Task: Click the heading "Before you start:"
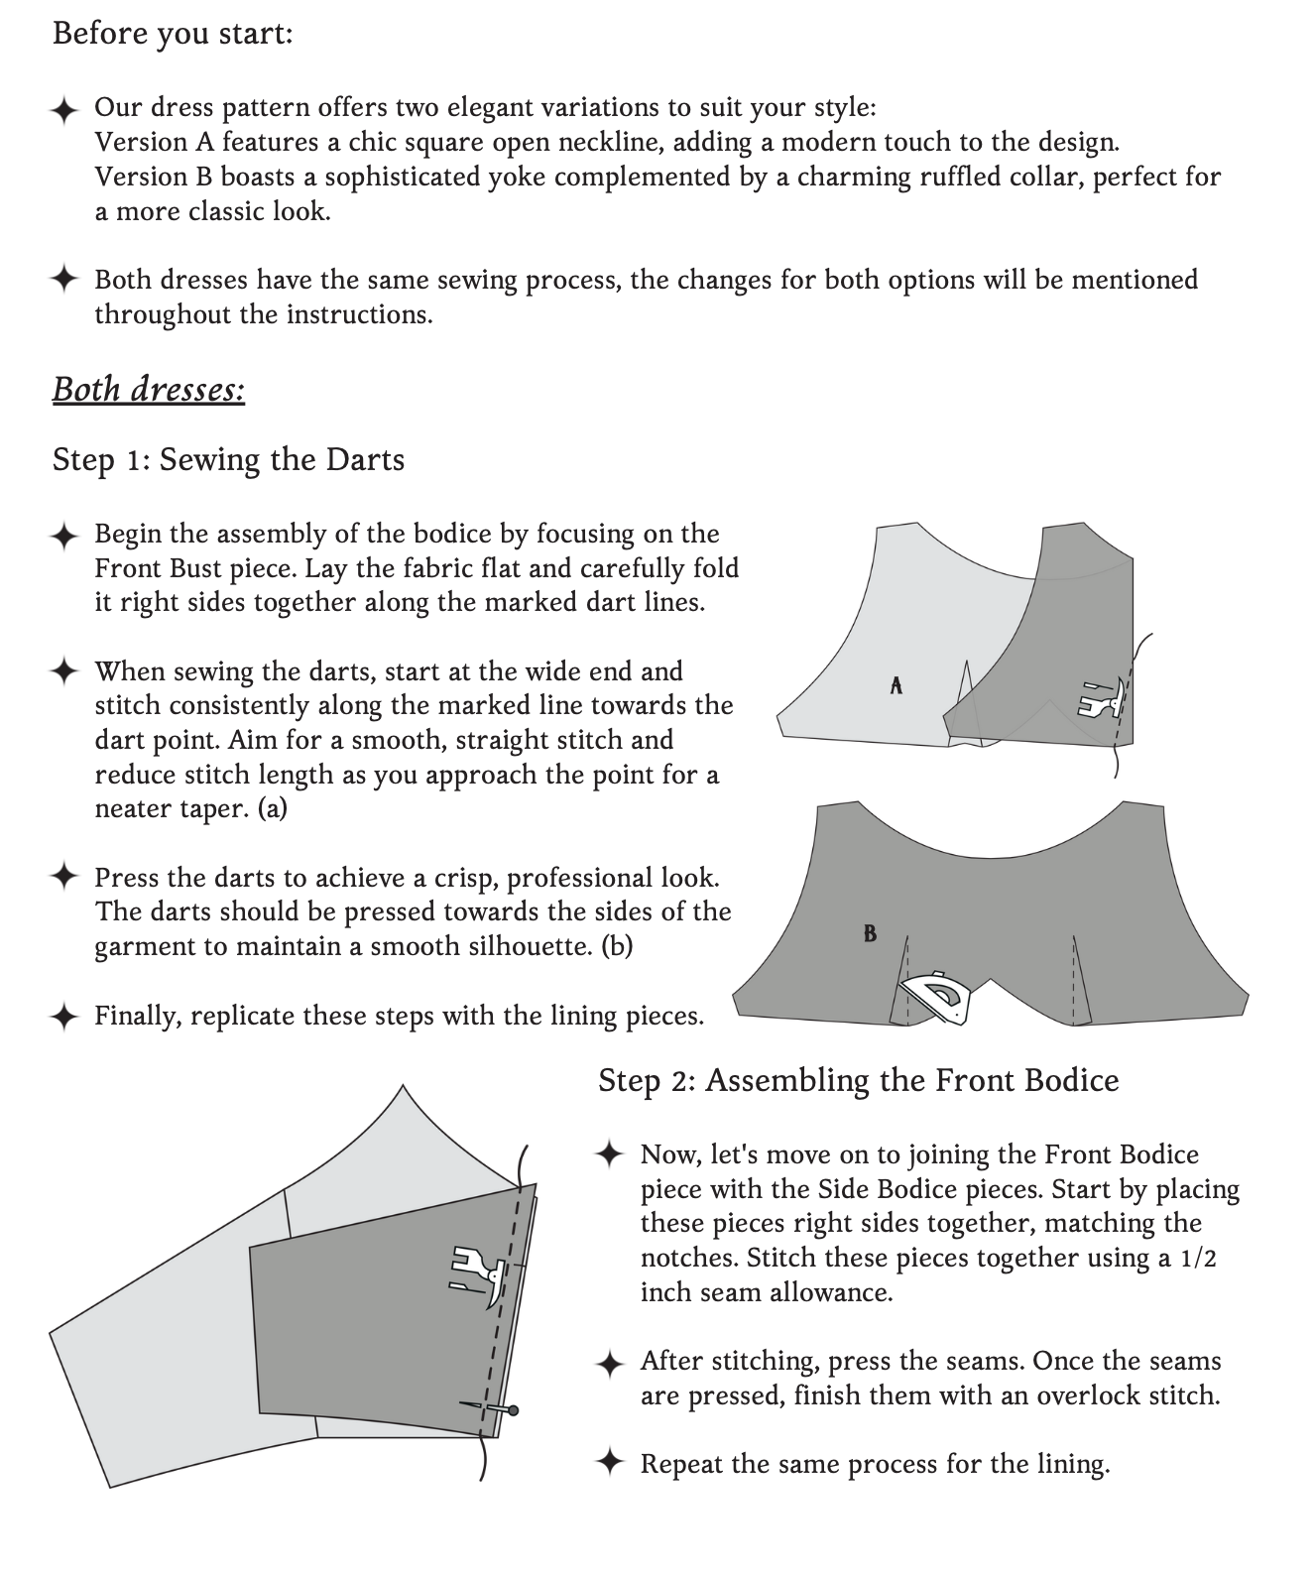click(172, 34)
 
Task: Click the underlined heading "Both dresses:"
click(149, 389)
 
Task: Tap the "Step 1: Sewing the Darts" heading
click(228, 460)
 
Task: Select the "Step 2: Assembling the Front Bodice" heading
click(858, 1080)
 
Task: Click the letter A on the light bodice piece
click(896, 684)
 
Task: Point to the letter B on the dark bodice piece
click(870, 933)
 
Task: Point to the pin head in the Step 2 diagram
click(512, 1409)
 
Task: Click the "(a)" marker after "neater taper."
click(272, 809)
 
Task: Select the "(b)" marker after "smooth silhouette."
click(617, 946)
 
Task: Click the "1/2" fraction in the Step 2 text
click(1198, 1259)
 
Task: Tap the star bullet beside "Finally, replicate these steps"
click(64, 1017)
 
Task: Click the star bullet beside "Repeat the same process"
click(610, 1464)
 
